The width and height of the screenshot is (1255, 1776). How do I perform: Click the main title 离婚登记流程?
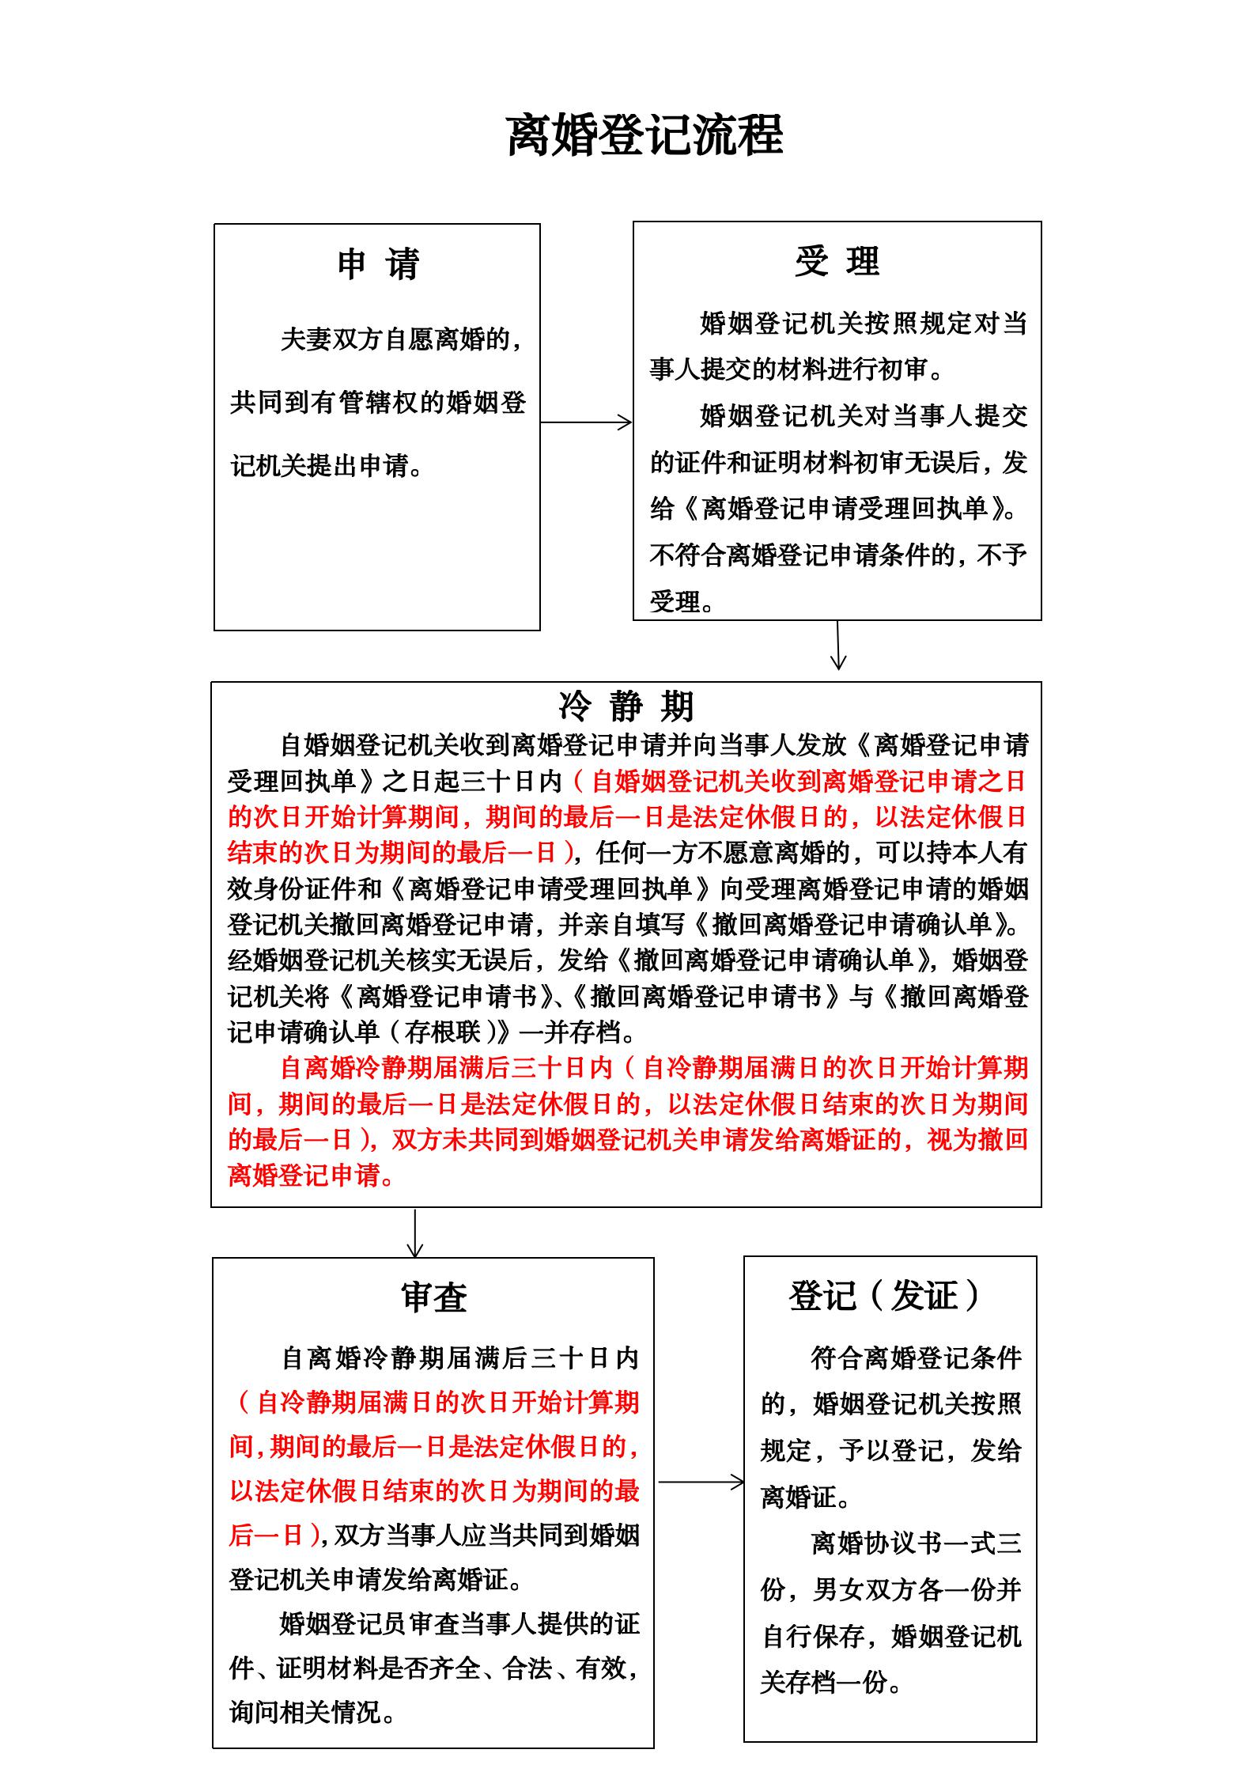pyautogui.click(x=644, y=134)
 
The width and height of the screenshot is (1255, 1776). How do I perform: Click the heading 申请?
pyautogui.click(x=377, y=263)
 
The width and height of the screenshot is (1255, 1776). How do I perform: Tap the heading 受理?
pyautogui.click(x=837, y=261)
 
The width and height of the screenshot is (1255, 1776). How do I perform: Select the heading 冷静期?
pyautogui.click(x=626, y=706)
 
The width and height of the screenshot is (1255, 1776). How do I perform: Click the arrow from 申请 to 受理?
pyautogui.click(x=586, y=422)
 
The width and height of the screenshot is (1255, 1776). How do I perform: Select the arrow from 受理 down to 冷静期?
pyautogui.click(x=838, y=646)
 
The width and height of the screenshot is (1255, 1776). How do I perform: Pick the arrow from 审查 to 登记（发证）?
pyautogui.click(x=701, y=1482)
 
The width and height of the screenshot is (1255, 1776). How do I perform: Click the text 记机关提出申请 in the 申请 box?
pyautogui.click(x=327, y=466)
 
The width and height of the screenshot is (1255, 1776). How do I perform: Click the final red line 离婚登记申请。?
pyautogui.click(x=311, y=1176)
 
